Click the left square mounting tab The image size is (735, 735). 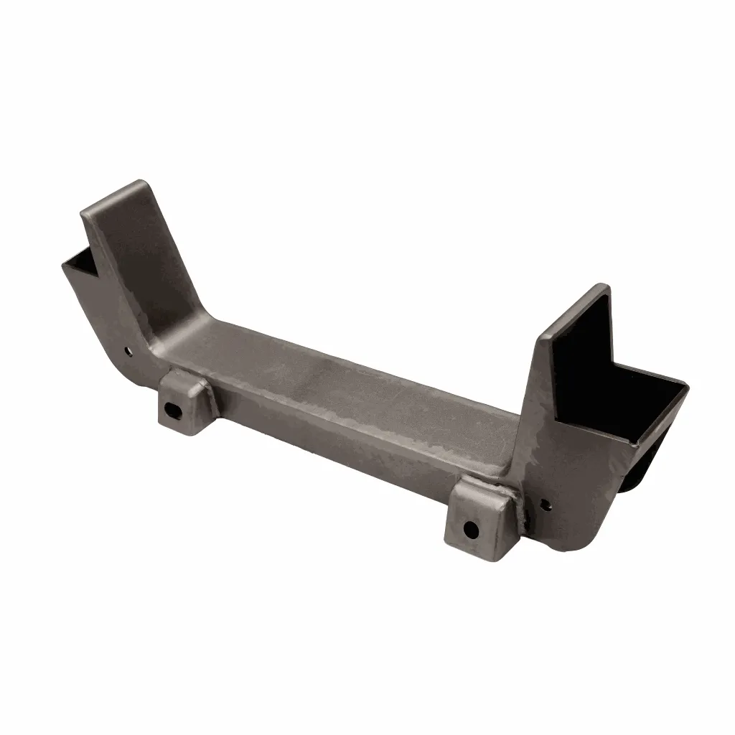tap(183, 402)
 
